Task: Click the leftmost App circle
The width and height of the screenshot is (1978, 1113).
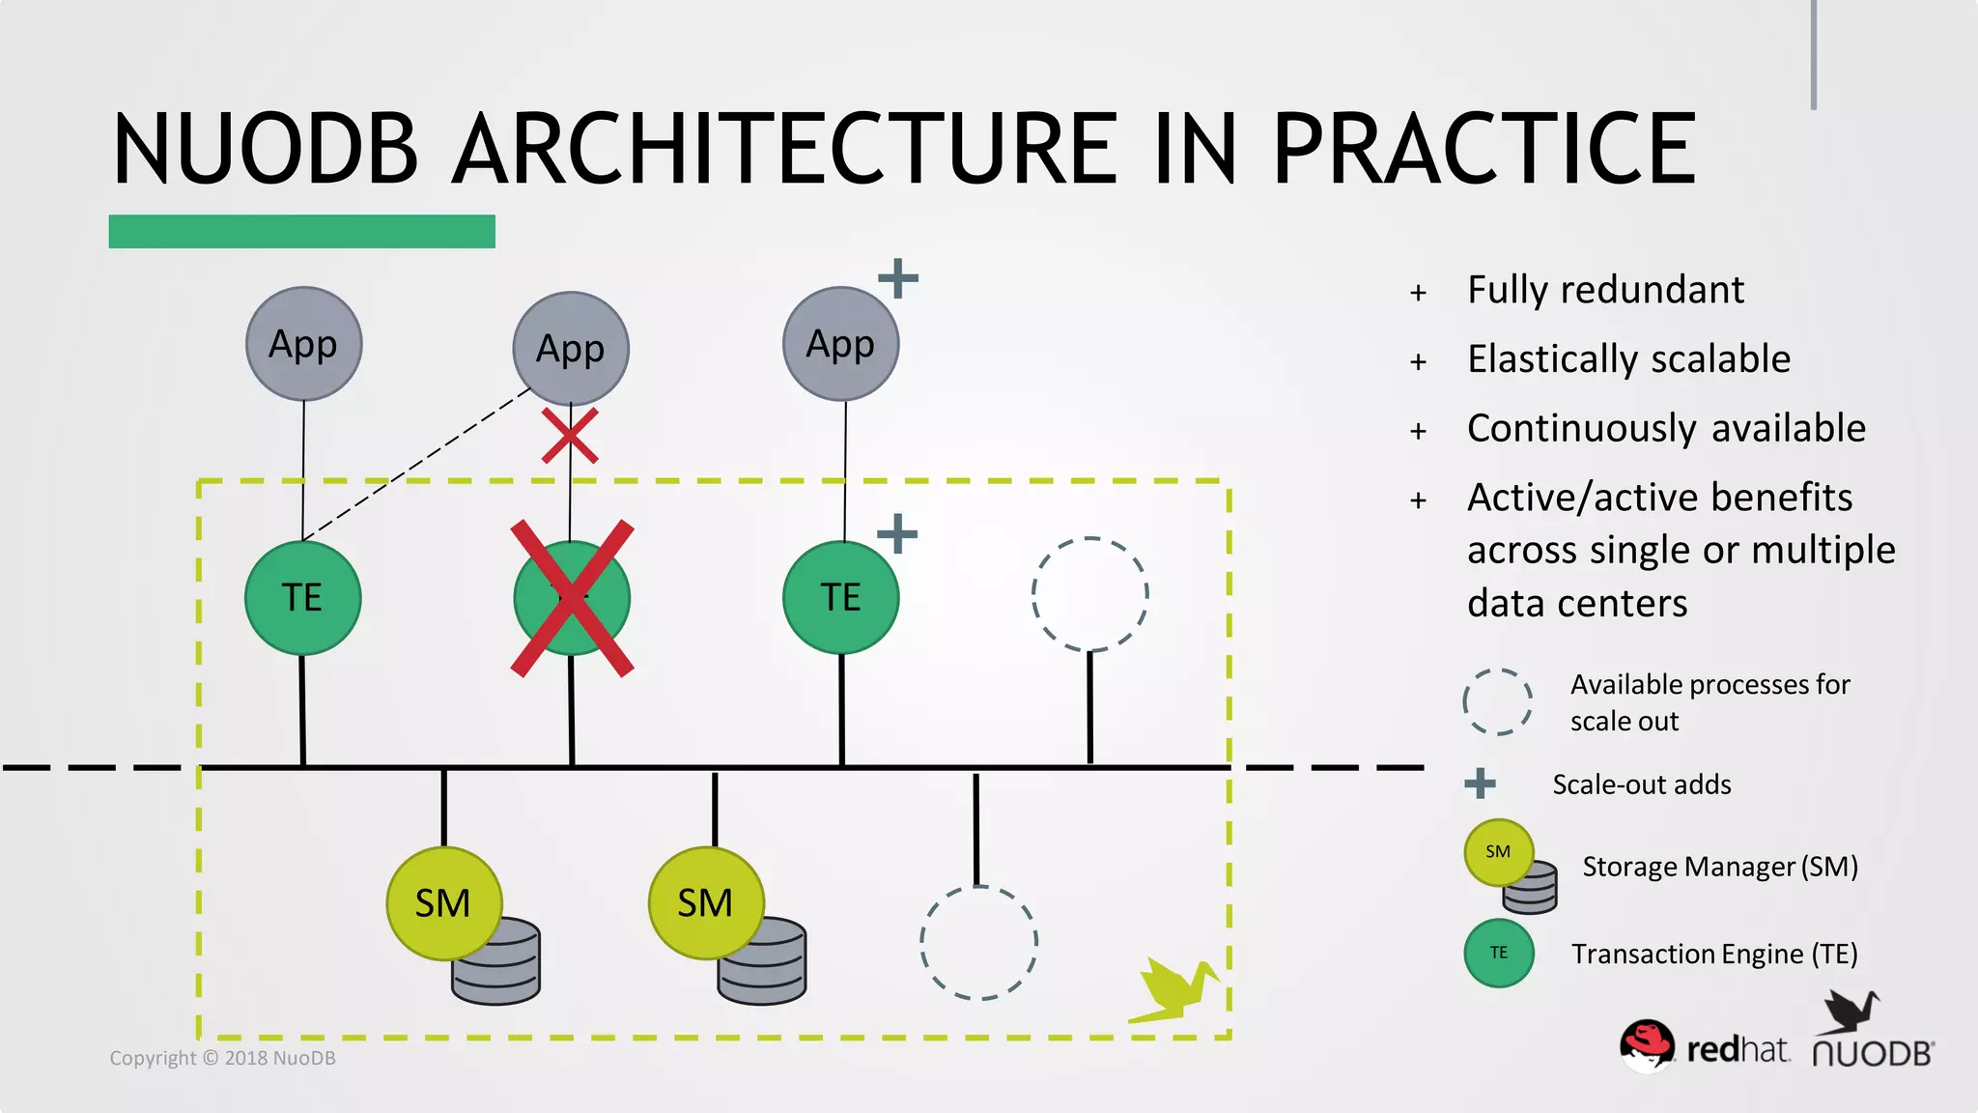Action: [303, 344]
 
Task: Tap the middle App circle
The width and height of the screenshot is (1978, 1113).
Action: [571, 349]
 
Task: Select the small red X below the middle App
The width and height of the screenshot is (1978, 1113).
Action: [570, 436]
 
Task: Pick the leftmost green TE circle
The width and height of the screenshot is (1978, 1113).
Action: [302, 597]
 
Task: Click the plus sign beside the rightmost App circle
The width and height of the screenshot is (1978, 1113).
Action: [898, 278]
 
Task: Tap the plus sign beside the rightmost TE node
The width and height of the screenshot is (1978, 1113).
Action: [897, 533]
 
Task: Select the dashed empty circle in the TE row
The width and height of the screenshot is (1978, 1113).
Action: [1089, 594]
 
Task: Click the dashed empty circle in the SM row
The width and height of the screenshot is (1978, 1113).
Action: [978, 943]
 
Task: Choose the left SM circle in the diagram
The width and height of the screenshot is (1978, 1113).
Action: [443, 903]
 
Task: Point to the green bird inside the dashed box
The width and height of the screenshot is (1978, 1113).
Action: [1173, 989]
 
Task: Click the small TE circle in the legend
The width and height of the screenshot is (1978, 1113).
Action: [1498, 953]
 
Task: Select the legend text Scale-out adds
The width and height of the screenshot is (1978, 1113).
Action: [1641, 785]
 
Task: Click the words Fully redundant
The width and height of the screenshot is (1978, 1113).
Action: [1605, 290]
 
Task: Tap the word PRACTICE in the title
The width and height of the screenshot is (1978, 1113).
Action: [1483, 149]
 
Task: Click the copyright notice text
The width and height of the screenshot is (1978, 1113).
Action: [222, 1058]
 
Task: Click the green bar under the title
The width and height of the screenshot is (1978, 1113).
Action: [301, 232]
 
